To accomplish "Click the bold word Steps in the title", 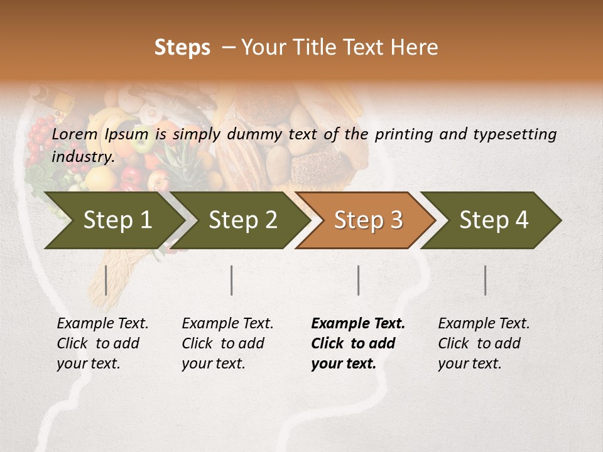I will pos(182,48).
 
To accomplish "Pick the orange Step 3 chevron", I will pos(368,220).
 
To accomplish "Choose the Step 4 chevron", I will pos(494,220).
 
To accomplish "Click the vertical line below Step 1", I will pos(106,280).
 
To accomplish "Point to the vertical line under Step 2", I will pos(232,280).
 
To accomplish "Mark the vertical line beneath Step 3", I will pos(358,280).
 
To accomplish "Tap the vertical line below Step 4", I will pos(486,280).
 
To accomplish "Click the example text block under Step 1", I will pos(102,343).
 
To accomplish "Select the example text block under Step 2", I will pos(227,343).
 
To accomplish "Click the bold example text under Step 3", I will pos(357,343).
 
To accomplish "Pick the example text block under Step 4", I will pos(484,343).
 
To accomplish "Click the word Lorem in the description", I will pos(75,134).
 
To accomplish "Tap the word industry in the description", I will pos(82,157).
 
